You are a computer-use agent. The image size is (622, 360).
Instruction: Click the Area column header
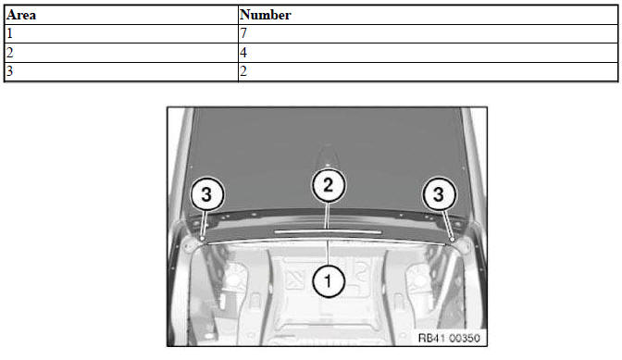pos(21,15)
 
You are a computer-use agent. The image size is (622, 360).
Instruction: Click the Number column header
pos(266,15)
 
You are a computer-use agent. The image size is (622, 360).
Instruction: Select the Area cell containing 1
pos(121,33)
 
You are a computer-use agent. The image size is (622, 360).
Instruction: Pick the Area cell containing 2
pos(121,53)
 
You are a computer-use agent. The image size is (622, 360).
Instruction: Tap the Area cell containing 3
pos(121,72)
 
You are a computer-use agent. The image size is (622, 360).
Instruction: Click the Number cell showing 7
pos(428,33)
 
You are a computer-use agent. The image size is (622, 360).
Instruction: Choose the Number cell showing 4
pos(428,53)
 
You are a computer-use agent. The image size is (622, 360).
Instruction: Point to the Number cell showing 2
pos(428,72)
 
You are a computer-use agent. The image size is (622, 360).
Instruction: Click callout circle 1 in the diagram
pos(328,281)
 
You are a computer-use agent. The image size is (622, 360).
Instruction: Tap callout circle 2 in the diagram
pos(328,185)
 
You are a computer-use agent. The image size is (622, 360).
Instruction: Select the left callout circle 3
pos(207,194)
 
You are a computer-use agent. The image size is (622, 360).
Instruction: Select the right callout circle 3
pos(439,193)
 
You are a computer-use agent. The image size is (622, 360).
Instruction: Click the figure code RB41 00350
pos(449,338)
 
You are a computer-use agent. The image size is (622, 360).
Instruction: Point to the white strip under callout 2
pos(328,231)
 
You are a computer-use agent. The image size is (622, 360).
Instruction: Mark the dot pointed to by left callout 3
pos(203,238)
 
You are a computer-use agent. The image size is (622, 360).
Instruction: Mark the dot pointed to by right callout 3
pos(452,239)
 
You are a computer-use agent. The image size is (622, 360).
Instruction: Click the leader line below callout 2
pos(328,216)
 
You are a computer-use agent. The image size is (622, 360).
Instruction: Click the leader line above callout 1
pos(328,253)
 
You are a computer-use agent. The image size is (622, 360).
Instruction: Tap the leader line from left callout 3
pos(204,223)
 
